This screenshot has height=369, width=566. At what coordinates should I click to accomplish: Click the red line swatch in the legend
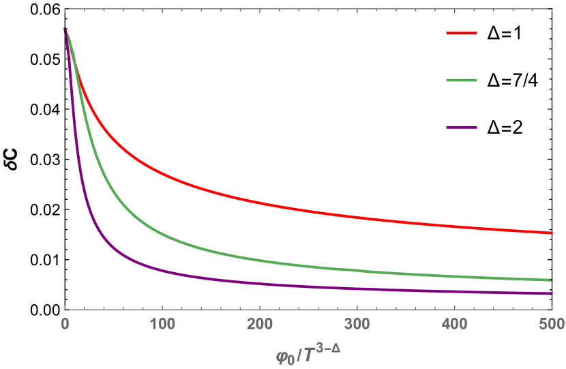(462, 33)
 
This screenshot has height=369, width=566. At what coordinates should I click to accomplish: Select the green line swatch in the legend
(462, 80)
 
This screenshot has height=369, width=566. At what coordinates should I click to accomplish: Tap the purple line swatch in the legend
(462, 127)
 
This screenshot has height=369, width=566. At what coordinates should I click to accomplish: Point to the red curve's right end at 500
(550, 233)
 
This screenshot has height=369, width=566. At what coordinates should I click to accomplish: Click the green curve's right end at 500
(550, 280)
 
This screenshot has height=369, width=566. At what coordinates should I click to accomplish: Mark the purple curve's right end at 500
(550, 293)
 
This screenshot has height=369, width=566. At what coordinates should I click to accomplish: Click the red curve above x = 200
(259, 201)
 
